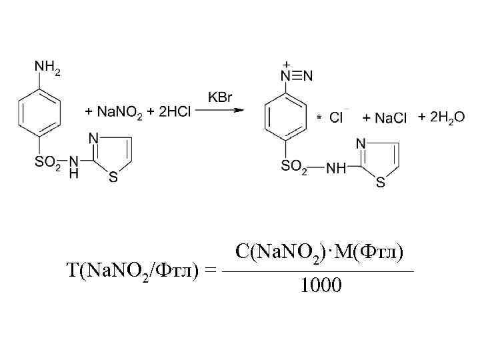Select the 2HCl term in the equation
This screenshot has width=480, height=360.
click(175, 113)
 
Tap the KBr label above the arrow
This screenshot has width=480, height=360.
click(220, 97)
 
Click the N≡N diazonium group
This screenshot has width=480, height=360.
click(297, 75)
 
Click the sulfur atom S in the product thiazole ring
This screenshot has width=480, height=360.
click(380, 183)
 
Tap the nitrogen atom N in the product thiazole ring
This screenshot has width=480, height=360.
click(361, 143)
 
